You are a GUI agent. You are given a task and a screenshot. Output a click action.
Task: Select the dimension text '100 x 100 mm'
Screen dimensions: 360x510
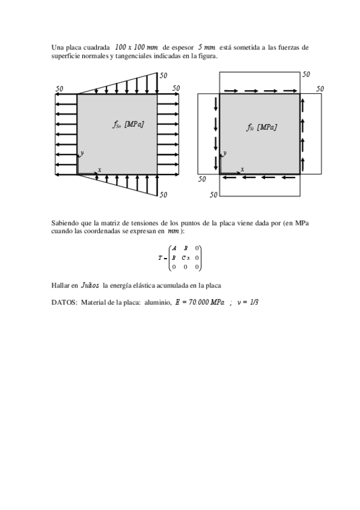coord(136,47)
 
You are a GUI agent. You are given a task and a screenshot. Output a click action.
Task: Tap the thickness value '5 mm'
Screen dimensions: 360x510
coord(206,47)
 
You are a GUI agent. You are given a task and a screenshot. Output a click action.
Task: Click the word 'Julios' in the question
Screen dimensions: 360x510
coord(90,285)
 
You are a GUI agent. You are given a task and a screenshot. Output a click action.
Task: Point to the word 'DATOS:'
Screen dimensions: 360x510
coord(64,301)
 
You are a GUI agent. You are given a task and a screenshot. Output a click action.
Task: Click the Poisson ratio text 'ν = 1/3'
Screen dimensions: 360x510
coord(248,301)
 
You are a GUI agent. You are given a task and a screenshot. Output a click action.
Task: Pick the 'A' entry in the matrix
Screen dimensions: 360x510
coord(174,248)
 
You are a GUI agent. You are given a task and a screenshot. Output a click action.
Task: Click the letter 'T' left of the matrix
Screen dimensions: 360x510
coord(160,257)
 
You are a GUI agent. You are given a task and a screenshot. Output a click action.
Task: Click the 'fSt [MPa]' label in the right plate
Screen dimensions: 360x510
coord(261,127)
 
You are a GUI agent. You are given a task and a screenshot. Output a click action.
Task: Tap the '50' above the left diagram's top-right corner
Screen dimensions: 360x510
coord(163,76)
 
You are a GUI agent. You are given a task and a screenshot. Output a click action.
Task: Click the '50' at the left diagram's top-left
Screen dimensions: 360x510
coord(59,88)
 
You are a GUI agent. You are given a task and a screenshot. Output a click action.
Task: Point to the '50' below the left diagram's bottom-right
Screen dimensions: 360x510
coord(163,195)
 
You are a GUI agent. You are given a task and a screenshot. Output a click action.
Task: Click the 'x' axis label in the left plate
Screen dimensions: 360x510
coord(99,170)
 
